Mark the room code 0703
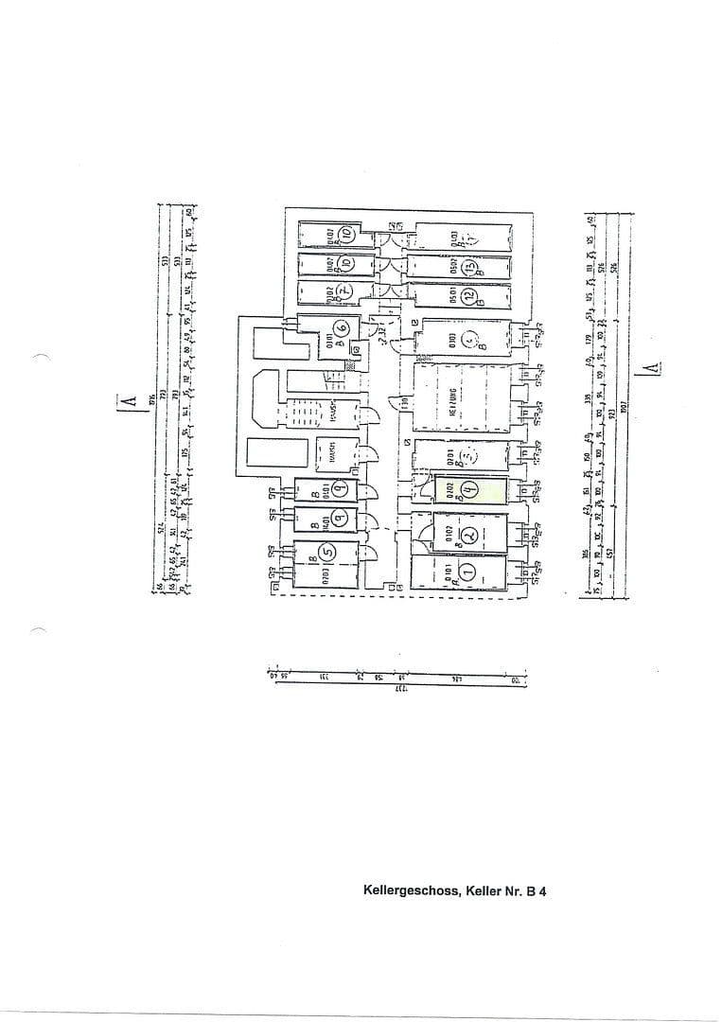(x=324, y=573)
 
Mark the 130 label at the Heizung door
(x=404, y=402)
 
